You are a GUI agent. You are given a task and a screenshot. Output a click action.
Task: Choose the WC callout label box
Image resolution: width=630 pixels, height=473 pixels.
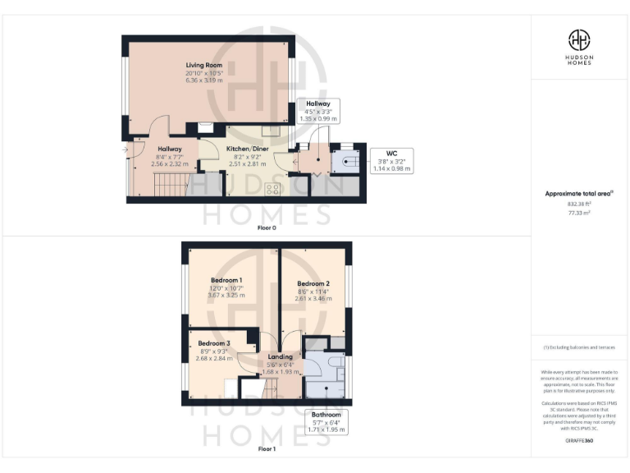tap(391, 160)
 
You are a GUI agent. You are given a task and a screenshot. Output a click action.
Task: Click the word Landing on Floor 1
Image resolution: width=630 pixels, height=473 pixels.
tap(281, 357)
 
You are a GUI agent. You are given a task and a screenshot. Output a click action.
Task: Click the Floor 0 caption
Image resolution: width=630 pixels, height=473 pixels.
tap(266, 227)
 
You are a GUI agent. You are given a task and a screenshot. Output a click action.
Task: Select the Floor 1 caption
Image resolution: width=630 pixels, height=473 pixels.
tap(266, 449)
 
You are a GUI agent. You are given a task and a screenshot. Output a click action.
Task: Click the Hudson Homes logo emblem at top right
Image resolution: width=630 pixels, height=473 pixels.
tap(580, 39)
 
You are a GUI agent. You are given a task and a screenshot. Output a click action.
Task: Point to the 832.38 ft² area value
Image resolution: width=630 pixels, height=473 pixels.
tap(579, 204)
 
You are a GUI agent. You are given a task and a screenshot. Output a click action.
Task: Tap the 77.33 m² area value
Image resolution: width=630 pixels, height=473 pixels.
tap(579, 212)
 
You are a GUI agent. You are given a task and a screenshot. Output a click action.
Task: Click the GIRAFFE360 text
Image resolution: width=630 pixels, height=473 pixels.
tap(579, 441)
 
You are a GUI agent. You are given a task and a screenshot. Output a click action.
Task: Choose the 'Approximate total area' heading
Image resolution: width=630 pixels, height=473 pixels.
tap(579, 194)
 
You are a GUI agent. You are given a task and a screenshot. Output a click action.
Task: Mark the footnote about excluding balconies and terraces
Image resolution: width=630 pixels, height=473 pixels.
tap(579, 347)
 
